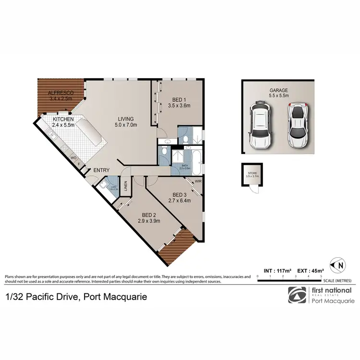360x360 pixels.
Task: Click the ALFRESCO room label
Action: click(x=60, y=96)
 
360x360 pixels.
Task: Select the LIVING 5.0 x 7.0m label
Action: click(x=126, y=122)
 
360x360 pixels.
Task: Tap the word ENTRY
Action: click(x=101, y=170)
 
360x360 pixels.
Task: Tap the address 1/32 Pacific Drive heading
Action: click(x=76, y=297)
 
